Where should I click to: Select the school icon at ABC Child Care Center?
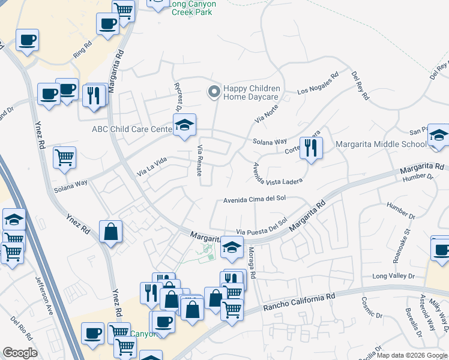pyautogui.click(x=185, y=125)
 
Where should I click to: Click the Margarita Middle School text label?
pyautogui.click(x=381, y=144)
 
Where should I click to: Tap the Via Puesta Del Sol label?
pyautogui.click(x=262, y=228)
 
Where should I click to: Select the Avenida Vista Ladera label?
pyautogui.click(x=277, y=173)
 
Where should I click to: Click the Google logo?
pyautogui.click(x=20, y=353)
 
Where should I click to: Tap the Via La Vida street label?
pyautogui.click(x=152, y=167)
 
